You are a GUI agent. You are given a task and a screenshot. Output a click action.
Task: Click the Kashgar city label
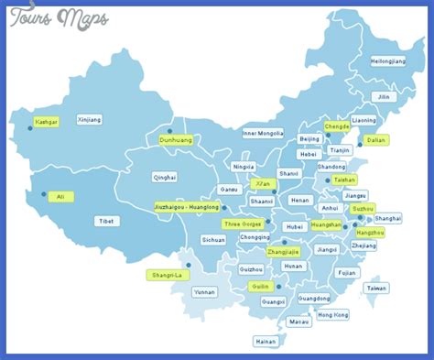tap(46, 121)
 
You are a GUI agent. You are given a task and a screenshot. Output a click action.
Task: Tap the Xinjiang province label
tap(90, 119)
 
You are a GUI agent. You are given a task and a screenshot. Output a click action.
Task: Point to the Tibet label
tap(107, 221)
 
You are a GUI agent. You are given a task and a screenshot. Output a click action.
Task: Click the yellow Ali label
tap(60, 196)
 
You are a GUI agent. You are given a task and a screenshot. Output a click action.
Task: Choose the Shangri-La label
tap(166, 275)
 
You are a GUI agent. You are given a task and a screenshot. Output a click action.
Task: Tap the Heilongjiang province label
tap(387, 60)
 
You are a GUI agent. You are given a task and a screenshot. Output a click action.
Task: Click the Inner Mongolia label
tap(263, 133)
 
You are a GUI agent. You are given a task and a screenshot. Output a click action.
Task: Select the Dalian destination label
tap(375, 140)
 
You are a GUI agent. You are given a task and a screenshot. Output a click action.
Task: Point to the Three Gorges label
tap(242, 224)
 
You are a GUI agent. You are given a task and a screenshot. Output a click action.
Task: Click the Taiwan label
tap(376, 288)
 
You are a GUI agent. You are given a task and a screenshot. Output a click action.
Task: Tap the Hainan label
tap(266, 341)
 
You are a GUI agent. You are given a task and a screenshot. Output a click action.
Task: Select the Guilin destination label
tap(260, 286)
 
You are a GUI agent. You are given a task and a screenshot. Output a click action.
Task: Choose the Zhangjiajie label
tap(282, 251)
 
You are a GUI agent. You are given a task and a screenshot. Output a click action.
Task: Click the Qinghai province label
tap(165, 177)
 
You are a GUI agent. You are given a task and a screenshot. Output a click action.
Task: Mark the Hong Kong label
tap(333, 314)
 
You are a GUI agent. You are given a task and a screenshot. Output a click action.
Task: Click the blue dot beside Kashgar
tap(30, 128)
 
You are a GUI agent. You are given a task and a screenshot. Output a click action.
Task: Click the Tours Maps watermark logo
tap(59, 17)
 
